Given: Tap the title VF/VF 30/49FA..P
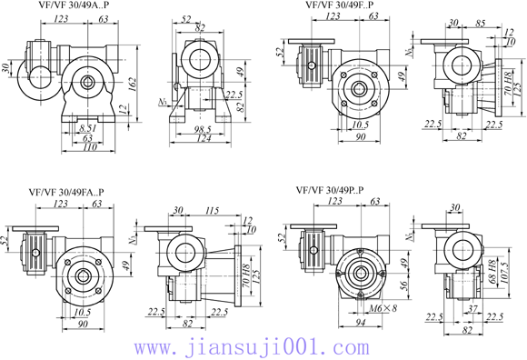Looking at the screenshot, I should coord(66,192).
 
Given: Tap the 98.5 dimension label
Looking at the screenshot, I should coord(201,130).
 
